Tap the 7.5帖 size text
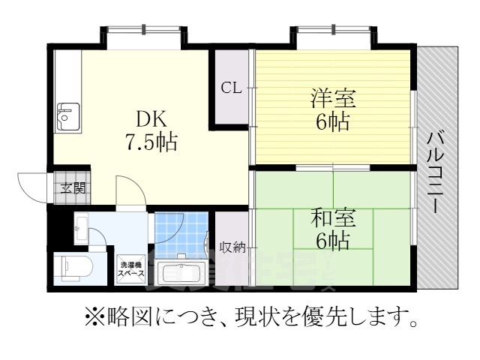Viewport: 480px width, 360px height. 151,141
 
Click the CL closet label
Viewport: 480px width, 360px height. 231,88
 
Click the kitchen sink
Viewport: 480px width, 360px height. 66,115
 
